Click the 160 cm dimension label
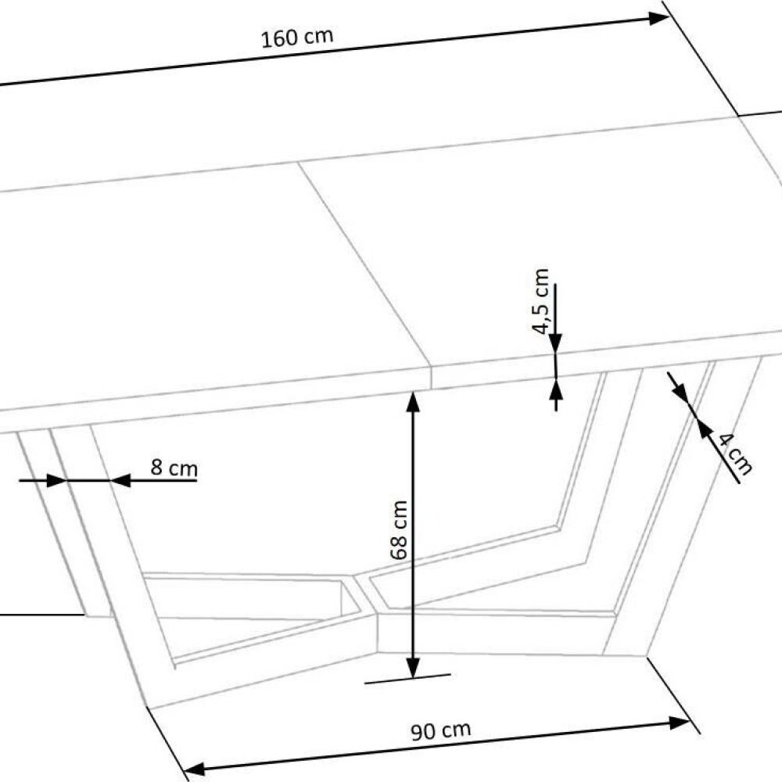297,38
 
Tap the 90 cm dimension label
441,730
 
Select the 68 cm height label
399,529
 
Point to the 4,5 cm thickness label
540,302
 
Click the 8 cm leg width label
174,468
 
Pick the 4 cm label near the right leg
734,454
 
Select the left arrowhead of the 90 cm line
195,769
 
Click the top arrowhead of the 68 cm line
412,403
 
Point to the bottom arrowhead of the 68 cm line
413,668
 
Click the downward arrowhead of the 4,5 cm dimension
555,343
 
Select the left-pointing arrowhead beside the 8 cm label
120,481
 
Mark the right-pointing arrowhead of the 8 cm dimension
57,481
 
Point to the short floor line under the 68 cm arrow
407,678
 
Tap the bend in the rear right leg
558,527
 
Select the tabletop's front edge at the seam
432,379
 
